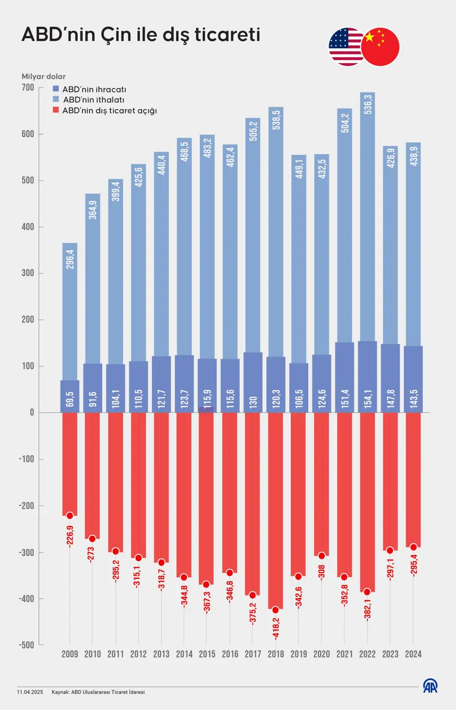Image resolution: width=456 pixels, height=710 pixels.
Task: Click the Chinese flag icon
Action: (x=381, y=47)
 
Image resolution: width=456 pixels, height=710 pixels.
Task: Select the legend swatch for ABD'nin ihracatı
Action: (x=56, y=89)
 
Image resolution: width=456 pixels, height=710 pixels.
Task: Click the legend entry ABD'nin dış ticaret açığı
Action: (x=109, y=110)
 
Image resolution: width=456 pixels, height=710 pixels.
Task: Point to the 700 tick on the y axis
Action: (x=28, y=88)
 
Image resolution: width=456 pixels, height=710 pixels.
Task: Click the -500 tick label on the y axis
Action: (x=25, y=645)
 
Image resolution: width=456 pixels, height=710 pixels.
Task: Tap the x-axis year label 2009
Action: (x=69, y=655)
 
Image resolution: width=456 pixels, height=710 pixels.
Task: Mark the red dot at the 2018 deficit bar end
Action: (x=275, y=610)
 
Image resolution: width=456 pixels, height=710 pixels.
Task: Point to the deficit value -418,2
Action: (x=275, y=630)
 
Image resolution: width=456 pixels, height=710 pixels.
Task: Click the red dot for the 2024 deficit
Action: (x=413, y=547)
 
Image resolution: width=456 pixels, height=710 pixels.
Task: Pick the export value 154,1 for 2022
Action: (x=367, y=398)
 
